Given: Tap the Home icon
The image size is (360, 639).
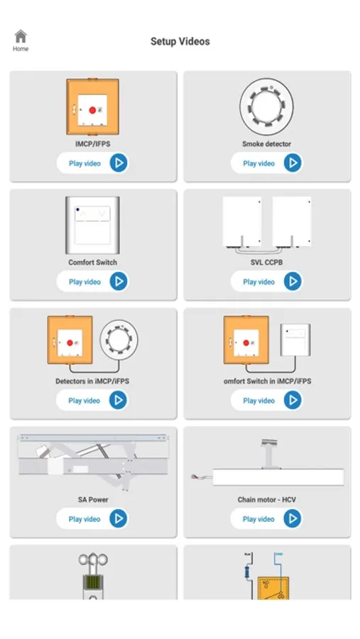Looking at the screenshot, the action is [x=21, y=36].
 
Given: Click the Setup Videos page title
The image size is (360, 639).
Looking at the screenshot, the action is [x=180, y=41].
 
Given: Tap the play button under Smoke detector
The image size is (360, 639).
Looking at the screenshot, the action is [x=293, y=163].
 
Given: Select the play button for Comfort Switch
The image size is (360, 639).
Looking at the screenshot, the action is [x=119, y=281].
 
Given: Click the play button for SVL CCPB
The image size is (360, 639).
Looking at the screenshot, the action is [x=293, y=281].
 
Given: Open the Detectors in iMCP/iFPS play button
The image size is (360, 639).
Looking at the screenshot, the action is [x=119, y=400].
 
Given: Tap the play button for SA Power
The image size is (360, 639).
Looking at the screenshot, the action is [x=119, y=518].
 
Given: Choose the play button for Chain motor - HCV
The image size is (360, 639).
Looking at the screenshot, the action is [x=293, y=518].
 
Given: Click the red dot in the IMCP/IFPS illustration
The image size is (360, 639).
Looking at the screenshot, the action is [x=92, y=110].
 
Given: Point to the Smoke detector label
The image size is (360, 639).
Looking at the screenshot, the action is [x=267, y=144].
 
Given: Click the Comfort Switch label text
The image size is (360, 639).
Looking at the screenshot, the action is [x=92, y=263].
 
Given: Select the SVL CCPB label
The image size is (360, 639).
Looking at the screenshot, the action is [x=267, y=263].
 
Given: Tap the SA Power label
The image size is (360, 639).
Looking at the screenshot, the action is [x=93, y=500].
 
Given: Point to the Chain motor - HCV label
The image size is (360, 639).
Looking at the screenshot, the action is [x=267, y=500].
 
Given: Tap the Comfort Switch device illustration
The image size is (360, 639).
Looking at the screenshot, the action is [x=92, y=225].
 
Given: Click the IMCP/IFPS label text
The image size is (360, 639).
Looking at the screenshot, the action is [x=92, y=144].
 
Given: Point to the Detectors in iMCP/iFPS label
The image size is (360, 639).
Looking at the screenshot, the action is [x=92, y=381].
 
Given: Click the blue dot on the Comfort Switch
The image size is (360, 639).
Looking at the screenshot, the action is [x=77, y=209].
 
